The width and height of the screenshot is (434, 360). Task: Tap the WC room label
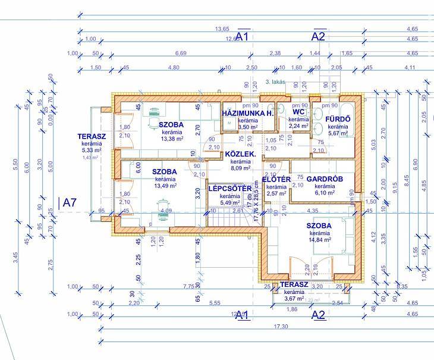(299, 111)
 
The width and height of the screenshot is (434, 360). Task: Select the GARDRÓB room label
(325, 179)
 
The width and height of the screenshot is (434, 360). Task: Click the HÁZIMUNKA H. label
(247, 112)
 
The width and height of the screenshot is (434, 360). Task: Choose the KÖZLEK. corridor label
(240, 154)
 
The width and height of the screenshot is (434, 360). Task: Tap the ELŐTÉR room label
(276, 179)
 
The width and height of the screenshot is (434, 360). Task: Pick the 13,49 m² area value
(165, 186)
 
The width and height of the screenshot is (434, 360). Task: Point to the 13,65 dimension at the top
(222, 29)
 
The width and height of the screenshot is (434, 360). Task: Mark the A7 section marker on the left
(70, 202)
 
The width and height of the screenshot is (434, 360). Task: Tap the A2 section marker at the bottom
(319, 315)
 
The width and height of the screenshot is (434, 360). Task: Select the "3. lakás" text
(276, 81)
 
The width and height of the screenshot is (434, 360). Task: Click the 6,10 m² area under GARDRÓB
(325, 193)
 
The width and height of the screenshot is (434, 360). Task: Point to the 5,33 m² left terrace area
(92, 151)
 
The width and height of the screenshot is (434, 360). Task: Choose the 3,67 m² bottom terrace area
(294, 299)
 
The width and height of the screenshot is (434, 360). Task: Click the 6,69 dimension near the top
(181, 54)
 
